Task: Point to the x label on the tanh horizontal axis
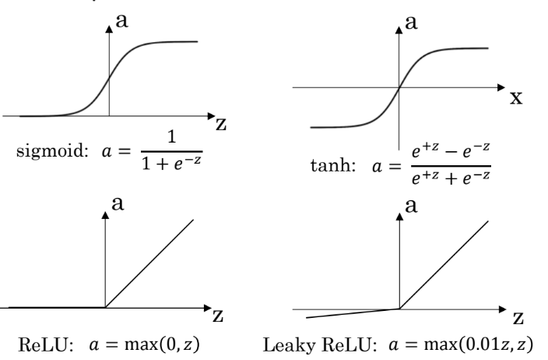515,99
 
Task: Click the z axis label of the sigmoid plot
220,126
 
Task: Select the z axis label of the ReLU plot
220,319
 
